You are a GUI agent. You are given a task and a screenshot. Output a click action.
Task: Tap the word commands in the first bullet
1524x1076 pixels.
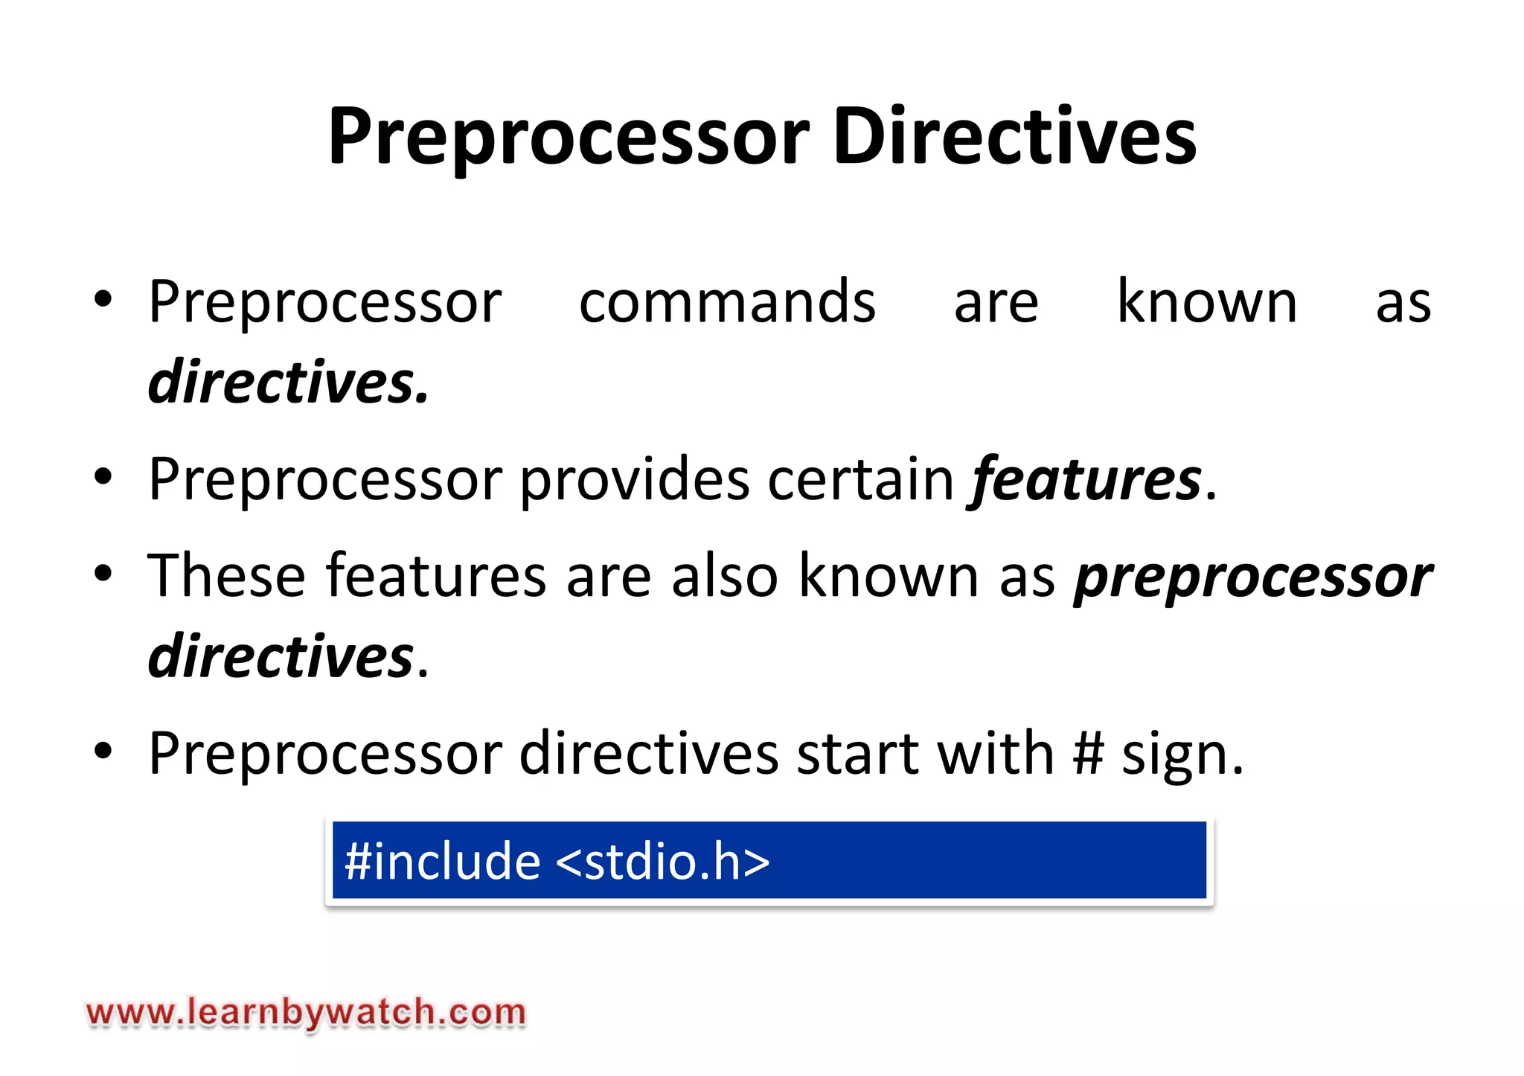pyautogui.click(x=727, y=302)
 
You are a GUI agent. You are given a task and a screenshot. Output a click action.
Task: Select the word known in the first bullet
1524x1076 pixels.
pyautogui.click(x=1207, y=301)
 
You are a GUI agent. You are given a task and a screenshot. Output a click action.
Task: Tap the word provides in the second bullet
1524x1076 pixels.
pyautogui.click(x=634, y=480)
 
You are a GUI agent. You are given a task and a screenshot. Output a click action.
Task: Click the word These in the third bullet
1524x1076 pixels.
pyautogui.click(x=226, y=576)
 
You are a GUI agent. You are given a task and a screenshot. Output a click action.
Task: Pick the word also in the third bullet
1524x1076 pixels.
pyautogui.click(x=724, y=576)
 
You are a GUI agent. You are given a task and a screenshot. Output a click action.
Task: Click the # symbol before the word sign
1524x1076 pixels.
pyautogui.click(x=1088, y=754)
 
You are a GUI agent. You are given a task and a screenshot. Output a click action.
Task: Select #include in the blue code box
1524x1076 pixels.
pyautogui.click(x=442, y=861)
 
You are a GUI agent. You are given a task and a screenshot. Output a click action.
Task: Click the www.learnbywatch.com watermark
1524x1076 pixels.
pyautogui.click(x=306, y=1013)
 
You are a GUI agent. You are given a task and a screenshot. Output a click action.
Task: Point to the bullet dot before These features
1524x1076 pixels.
pyautogui.click(x=103, y=574)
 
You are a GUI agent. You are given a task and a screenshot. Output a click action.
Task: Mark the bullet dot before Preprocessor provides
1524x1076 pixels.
pyautogui.click(x=103, y=477)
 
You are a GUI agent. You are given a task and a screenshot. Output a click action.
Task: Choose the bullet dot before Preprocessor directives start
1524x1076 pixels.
pyautogui.click(x=103, y=751)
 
